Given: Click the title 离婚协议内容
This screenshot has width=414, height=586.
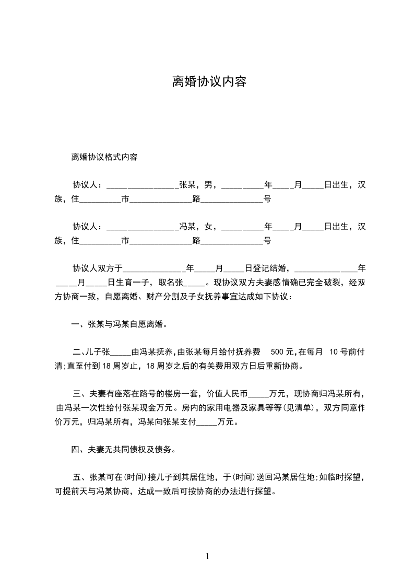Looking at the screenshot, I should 209,82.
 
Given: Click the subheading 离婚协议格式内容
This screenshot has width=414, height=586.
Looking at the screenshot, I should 104,157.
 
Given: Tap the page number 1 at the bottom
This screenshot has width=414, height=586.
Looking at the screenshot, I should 207,556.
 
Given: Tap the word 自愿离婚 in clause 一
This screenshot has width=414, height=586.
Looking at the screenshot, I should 147,324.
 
